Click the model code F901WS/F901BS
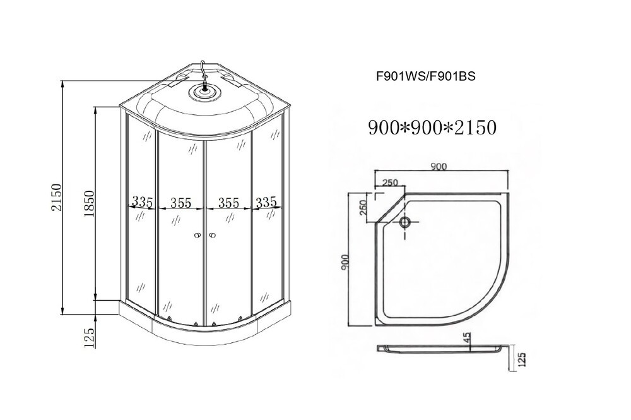tap(426, 76)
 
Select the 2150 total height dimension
tap(56, 197)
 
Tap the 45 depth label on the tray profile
tap(466, 337)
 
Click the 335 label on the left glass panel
tap(143, 201)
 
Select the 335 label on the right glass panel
tap(266, 201)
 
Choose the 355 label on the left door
tap(180, 203)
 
